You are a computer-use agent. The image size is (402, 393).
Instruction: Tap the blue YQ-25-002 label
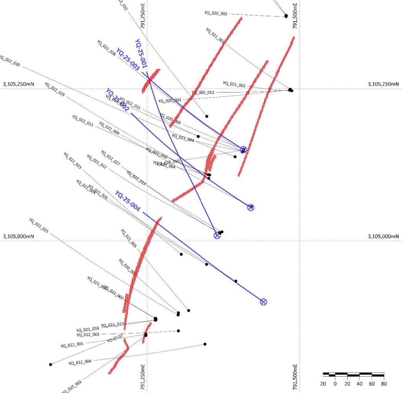point(117,100)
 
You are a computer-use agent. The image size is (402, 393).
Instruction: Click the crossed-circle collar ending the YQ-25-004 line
point(263,302)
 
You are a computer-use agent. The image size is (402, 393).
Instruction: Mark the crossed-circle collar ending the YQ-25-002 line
point(250,207)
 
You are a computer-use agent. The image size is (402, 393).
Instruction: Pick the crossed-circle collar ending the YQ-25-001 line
point(217,235)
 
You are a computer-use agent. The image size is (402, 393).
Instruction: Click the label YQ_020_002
point(216,13)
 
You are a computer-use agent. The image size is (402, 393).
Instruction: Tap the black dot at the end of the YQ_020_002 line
point(286,16)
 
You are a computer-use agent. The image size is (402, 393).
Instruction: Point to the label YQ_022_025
point(38,226)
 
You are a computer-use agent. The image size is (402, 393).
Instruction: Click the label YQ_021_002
point(234,84)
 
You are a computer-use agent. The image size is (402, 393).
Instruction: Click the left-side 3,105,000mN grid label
point(19,237)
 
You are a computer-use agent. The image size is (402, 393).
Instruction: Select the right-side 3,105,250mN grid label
point(383,84)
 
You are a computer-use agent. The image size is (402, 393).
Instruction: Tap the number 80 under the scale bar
point(384,383)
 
